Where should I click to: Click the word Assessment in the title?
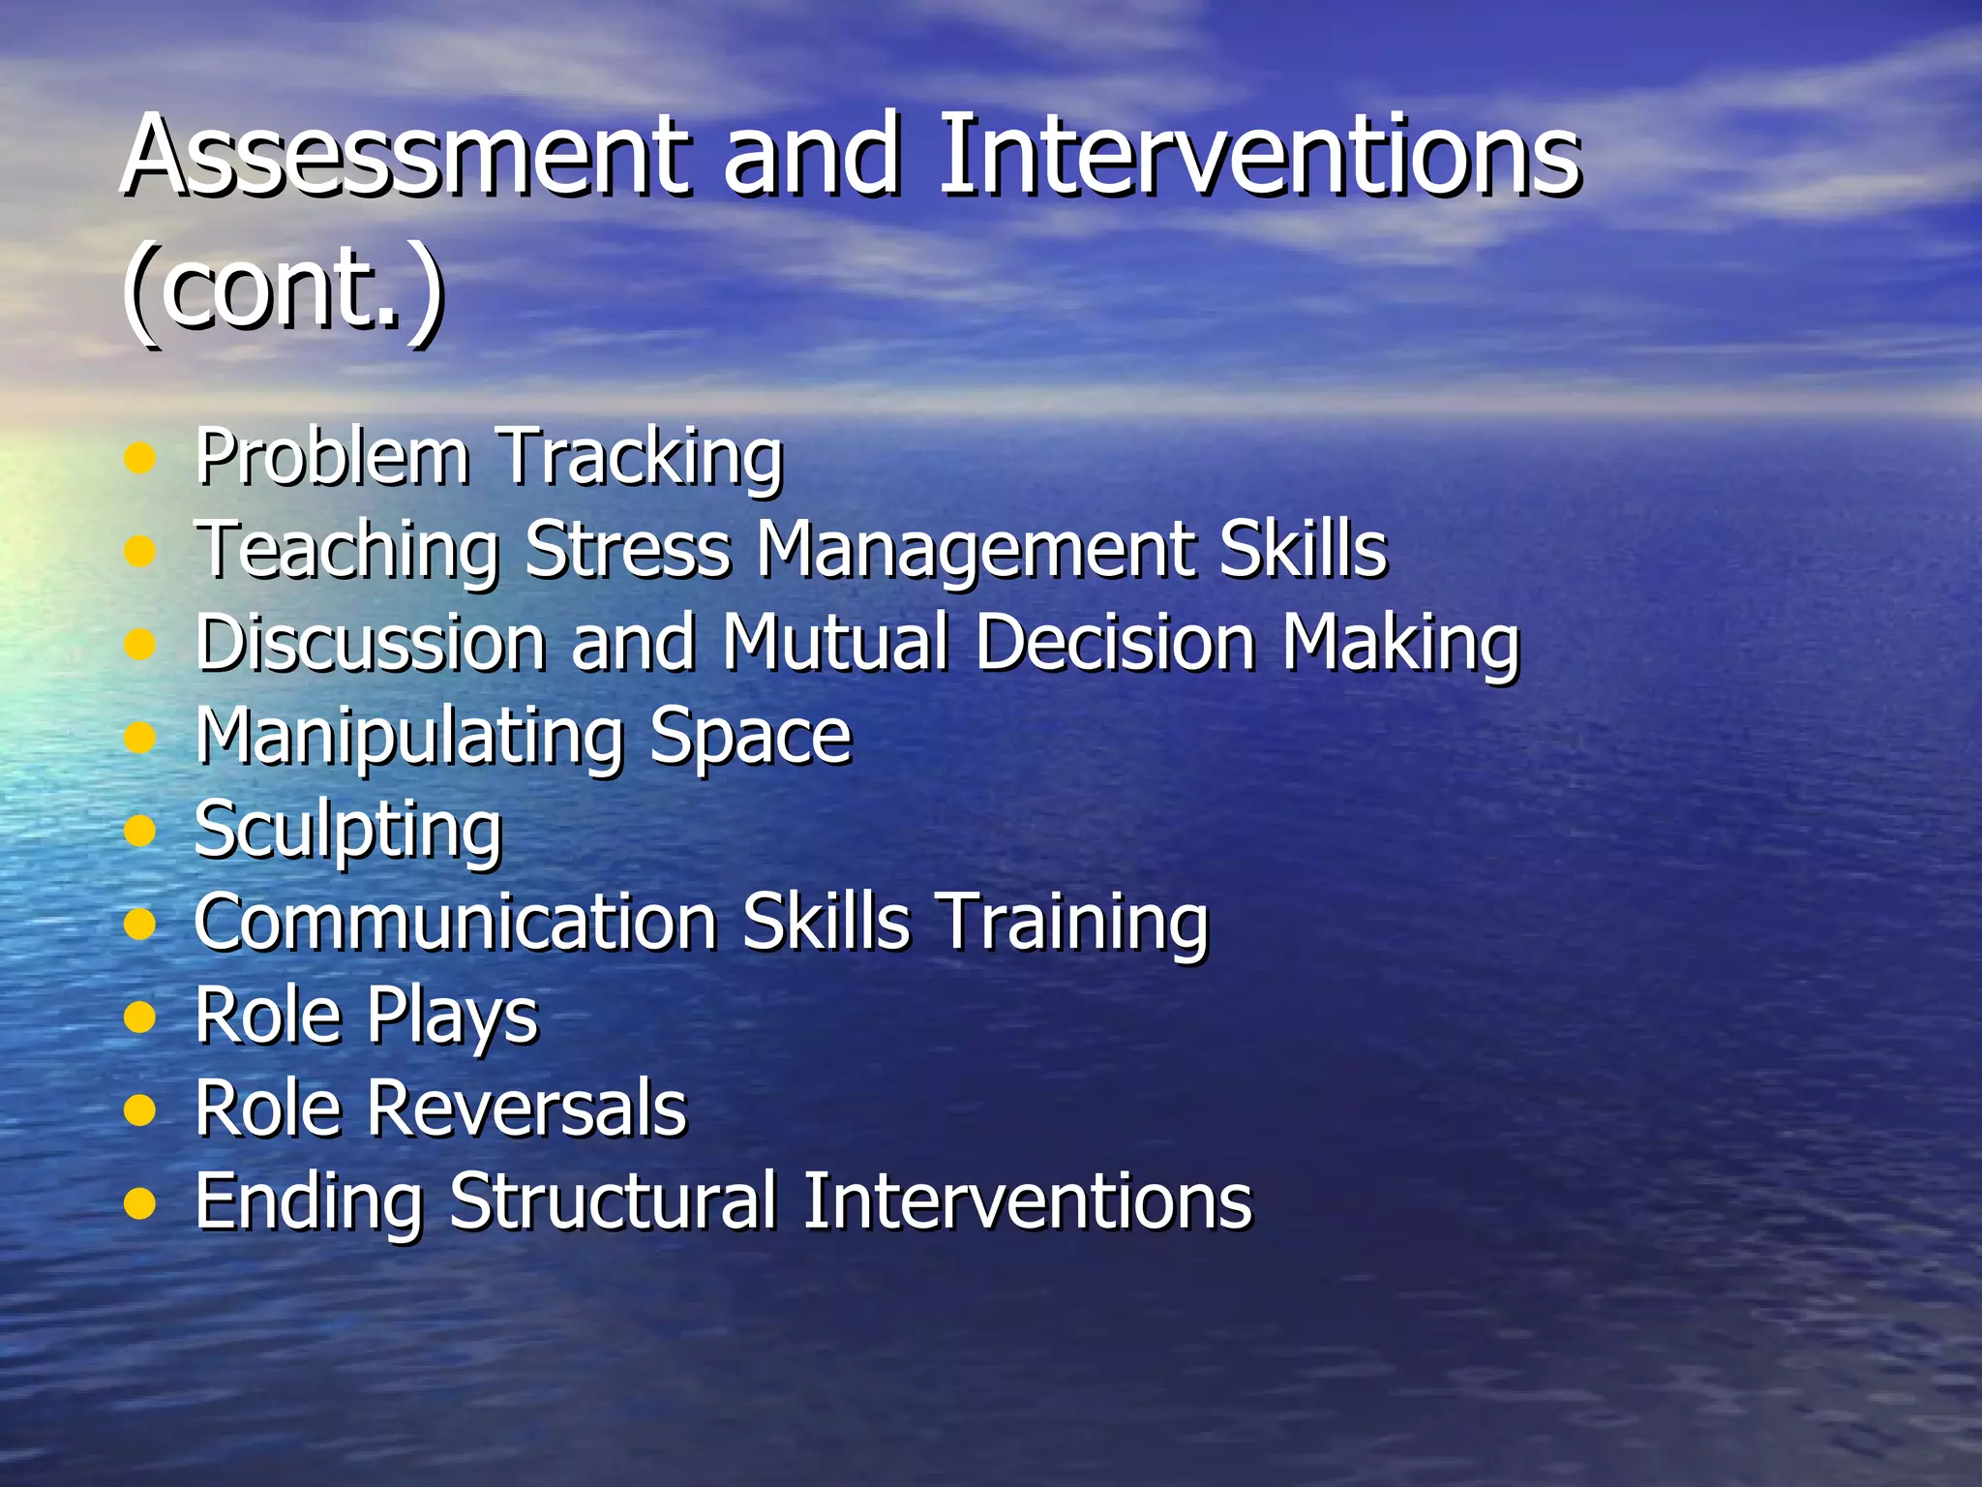tap(406, 155)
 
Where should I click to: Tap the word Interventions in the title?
tap(1258, 155)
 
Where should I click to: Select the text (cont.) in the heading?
tap(283, 288)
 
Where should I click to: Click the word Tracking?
tap(639, 457)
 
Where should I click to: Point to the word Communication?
tap(455, 922)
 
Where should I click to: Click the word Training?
tap(1074, 924)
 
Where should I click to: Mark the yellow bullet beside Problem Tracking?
tap(140, 458)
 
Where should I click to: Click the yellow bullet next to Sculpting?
tap(140, 831)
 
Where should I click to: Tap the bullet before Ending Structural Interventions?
tap(140, 1203)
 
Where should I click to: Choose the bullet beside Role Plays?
tap(140, 1017)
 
